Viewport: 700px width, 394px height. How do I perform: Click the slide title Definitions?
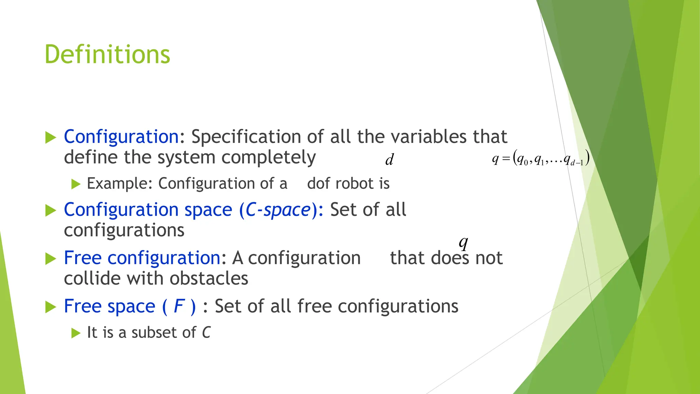107,55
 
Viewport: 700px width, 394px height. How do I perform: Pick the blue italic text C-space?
278,210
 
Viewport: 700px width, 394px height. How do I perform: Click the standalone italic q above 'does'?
463,243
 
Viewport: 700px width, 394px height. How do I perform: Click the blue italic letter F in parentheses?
179,306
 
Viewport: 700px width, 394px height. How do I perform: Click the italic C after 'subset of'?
206,333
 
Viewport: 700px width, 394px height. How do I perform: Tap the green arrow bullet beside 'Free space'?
51,307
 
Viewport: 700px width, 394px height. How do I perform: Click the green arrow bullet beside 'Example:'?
76,184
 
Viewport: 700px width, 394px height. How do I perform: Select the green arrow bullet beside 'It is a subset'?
76,333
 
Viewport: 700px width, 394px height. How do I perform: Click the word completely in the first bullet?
268,158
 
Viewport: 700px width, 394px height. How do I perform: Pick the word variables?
429,137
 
